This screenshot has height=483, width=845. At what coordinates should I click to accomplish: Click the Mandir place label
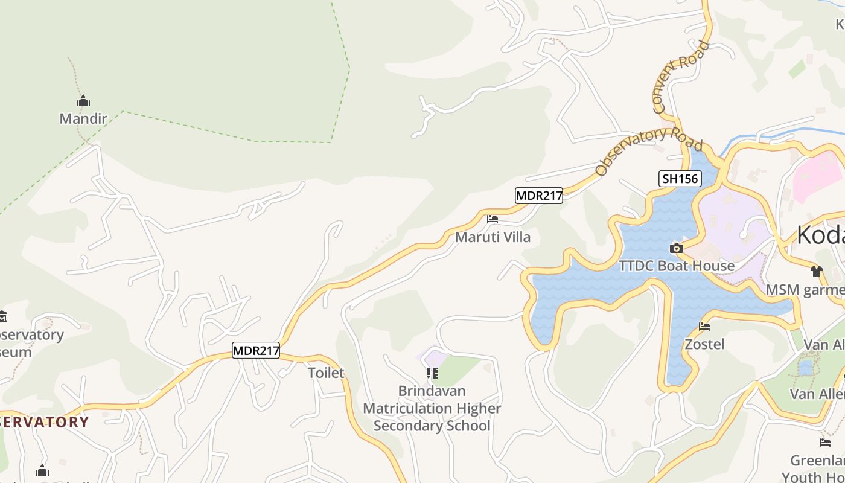point(83,118)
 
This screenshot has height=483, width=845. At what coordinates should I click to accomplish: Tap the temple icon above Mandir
point(83,101)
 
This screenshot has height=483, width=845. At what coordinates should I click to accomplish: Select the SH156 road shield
point(680,179)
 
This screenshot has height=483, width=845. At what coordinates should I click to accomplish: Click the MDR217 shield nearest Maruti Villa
point(539,196)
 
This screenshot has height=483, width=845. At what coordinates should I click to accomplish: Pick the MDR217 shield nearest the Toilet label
point(256,350)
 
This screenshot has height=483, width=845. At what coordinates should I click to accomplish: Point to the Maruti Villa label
point(493,237)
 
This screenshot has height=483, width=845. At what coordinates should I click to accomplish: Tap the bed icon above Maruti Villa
point(493,219)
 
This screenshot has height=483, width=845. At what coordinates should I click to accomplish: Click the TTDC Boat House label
point(677,266)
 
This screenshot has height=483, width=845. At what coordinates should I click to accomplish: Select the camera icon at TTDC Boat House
point(677,248)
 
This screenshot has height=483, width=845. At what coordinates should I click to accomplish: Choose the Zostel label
point(704,344)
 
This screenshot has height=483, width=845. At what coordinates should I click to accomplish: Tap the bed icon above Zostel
point(704,327)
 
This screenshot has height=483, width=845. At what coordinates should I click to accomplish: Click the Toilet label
point(326,373)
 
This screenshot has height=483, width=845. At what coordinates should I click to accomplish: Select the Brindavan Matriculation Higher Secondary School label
point(432,408)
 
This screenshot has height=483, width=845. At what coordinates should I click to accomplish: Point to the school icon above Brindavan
point(432,373)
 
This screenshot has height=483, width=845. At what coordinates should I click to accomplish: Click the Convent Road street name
point(681,77)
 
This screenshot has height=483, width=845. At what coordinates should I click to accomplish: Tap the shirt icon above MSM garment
point(817,272)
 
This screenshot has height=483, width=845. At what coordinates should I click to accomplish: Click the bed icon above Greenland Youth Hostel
point(825,443)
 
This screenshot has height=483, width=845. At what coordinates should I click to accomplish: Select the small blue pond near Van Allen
point(805,367)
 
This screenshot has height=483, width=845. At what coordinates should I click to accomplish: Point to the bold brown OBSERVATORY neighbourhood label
point(45,421)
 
